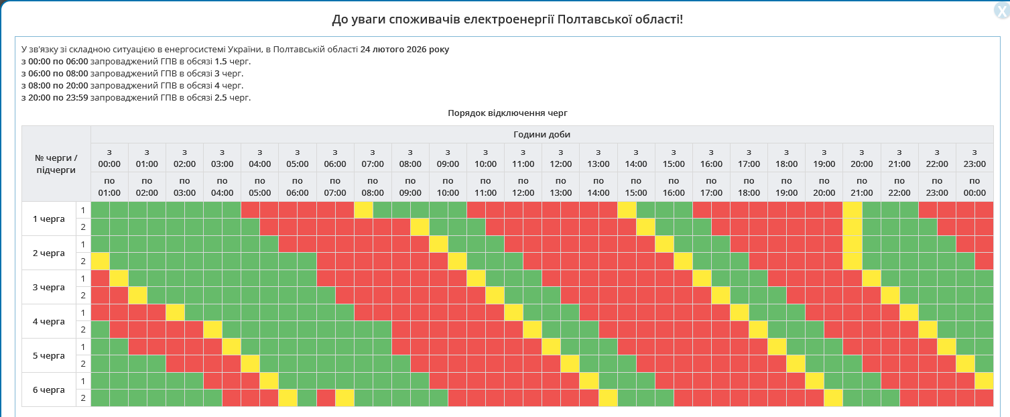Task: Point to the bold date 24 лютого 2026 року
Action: pos(405,50)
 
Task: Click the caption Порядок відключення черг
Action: pos(507,113)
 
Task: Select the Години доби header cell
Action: pos(542,134)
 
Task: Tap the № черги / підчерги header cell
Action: pos(56,164)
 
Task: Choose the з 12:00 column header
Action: pos(560,158)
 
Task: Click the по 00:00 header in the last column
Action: pos(974,187)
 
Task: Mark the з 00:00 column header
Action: pos(109,158)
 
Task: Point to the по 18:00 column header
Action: pos(749,187)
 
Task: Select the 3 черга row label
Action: pos(49,288)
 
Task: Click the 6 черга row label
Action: pos(49,390)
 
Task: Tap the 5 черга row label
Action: pos(49,355)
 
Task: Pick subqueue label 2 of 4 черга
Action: pos(83,330)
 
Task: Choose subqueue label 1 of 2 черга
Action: pos(83,244)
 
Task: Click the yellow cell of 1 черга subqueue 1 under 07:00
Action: pos(363,210)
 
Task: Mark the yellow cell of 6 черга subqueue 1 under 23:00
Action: pos(984,381)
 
